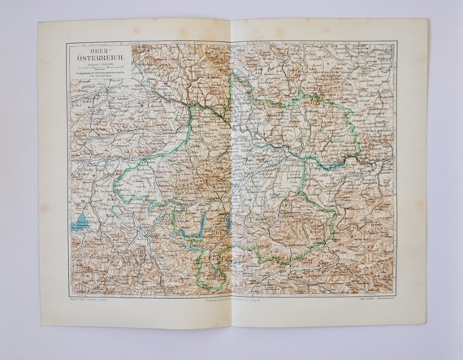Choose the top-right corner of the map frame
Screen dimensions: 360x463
pyautogui.click(x=397, y=42)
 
